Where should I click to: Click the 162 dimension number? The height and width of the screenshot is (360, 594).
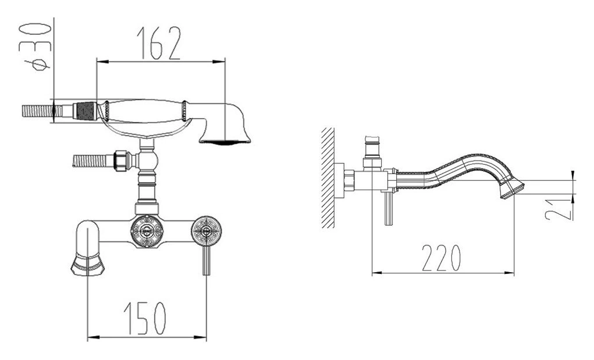[x=158, y=43]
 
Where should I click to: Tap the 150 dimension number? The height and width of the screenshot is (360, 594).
[x=145, y=318]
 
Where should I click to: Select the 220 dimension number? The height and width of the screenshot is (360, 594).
[x=442, y=258]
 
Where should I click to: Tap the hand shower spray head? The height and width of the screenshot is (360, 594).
[x=226, y=124]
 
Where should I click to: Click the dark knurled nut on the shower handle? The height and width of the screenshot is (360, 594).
[x=86, y=111]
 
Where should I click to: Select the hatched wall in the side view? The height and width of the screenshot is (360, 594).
[x=328, y=177]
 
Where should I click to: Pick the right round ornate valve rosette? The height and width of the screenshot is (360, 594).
[x=207, y=230]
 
